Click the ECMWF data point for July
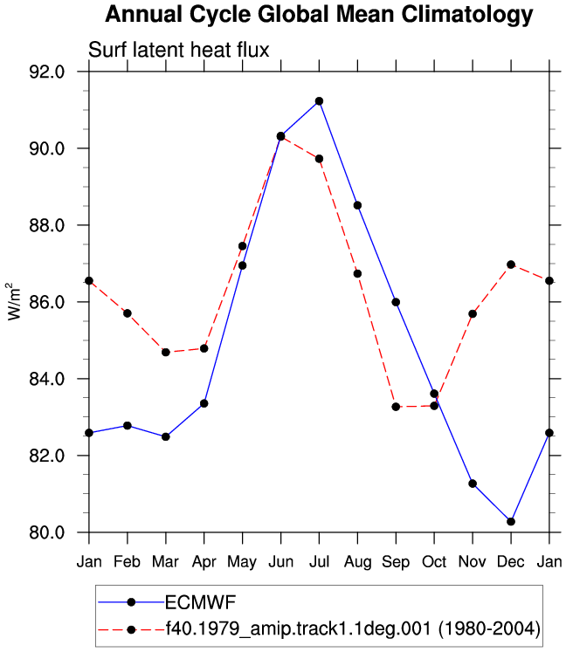pos(319,101)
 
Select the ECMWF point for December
pos(511,521)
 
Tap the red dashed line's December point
pos(511,264)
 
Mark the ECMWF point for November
pos(473,484)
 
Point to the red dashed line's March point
pos(166,353)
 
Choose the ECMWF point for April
pos(204,403)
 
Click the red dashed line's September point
pos(396,407)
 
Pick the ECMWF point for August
pos(357,205)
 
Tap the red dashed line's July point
pos(319,159)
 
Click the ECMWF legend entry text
pos(201,602)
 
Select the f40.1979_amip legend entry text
pos(353,628)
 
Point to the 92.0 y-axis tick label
pos(47,72)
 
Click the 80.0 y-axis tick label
pos(47,532)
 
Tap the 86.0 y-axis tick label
pos(47,302)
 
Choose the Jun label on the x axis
pos(281,562)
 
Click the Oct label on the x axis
pos(434,562)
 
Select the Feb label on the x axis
pos(127,562)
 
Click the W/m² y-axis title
pos(13,301)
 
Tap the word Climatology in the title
pos(467,15)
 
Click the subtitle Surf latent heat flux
pos(179,50)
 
